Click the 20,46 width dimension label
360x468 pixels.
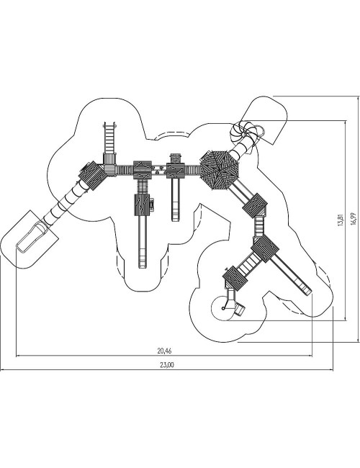164,351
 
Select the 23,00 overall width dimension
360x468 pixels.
167,365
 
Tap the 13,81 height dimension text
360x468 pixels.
341,220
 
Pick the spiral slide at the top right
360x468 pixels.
246,133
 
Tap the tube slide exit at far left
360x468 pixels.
32,238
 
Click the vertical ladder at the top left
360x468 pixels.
109,138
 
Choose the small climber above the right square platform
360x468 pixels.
176,158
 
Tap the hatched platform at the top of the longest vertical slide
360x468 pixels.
142,204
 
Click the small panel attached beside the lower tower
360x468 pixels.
152,205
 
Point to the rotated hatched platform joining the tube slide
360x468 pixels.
92,176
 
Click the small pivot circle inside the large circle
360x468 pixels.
222,308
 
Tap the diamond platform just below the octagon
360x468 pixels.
255,205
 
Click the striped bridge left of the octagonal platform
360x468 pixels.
192,171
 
